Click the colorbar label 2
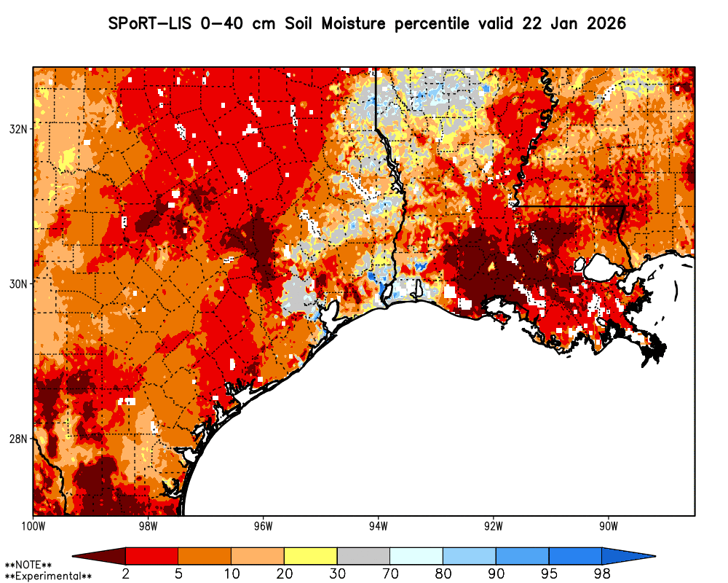pyautogui.click(x=126, y=574)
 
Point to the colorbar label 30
pyautogui.click(x=337, y=574)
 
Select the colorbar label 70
pyautogui.click(x=390, y=574)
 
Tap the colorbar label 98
pyautogui.click(x=601, y=574)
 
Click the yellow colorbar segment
pyautogui.click(x=311, y=557)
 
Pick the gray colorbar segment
pyautogui.click(x=363, y=557)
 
